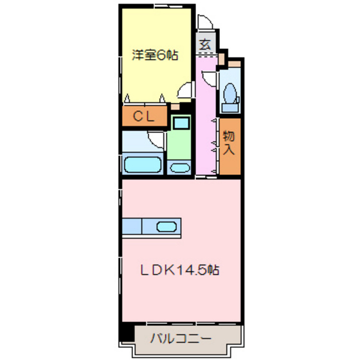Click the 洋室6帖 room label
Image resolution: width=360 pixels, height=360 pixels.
pos(155,57)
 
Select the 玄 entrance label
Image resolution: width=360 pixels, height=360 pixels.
pos(204,45)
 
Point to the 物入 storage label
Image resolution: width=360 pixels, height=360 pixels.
pos(229,144)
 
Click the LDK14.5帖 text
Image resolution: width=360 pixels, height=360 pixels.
pos(181,270)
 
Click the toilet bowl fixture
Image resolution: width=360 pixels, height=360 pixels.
pos(229,94)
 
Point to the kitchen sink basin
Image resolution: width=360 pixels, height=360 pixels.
pos(167,226)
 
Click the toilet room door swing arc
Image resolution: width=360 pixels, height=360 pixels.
pos(210,78)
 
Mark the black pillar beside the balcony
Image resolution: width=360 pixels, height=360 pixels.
pos(127,334)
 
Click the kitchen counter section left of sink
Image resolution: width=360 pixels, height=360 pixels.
pos(131,226)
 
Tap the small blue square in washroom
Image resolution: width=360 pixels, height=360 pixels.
pos(181,122)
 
